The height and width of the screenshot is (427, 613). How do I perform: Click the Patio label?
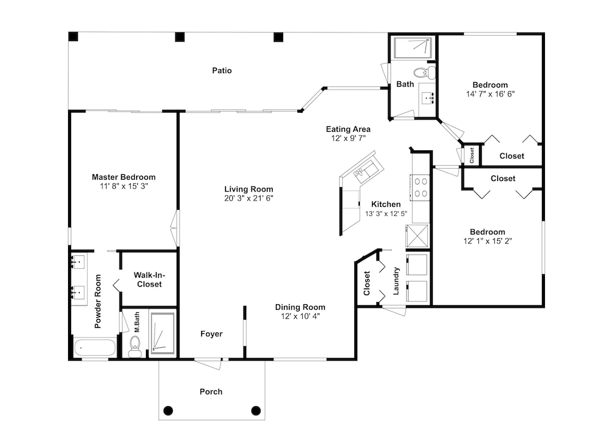click(222, 71)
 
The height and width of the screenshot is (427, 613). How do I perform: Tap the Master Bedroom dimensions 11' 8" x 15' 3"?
click(124, 187)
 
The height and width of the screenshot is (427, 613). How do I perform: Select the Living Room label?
click(249, 189)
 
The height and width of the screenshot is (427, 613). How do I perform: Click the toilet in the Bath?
click(424, 72)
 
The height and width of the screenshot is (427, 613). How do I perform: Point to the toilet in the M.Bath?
click(135, 347)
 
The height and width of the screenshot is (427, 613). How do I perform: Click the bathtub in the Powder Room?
click(95, 347)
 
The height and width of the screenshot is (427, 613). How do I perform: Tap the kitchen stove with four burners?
click(421, 188)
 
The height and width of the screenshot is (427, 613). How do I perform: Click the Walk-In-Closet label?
click(150, 280)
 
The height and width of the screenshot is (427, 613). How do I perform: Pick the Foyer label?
click(211, 334)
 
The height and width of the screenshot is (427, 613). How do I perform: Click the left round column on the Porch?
click(168, 410)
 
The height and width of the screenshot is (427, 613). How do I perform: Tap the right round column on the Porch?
click(256, 410)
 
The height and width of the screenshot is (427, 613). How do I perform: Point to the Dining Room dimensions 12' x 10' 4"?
click(300, 316)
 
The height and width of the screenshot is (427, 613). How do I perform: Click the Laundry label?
click(396, 280)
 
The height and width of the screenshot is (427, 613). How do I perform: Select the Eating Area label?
click(348, 129)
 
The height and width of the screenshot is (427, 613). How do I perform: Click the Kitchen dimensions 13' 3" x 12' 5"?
click(386, 213)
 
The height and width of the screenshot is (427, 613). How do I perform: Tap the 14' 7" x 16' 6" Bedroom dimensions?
click(490, 94)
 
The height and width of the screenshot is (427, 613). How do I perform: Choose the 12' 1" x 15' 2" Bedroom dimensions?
click(487, 241)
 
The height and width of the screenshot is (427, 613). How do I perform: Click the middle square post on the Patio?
click(180, 37)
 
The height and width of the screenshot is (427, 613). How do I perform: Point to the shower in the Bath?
click(413, 48)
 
